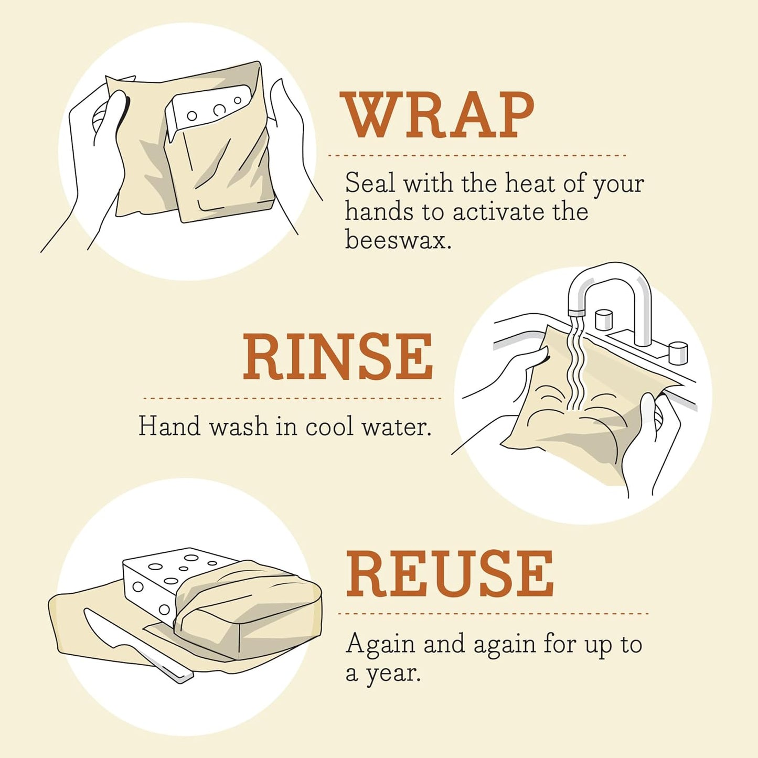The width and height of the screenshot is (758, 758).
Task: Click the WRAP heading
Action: pos(437,115)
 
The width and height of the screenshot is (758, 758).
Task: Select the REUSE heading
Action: pos(450,574)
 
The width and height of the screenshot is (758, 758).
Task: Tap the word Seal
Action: pos(370,184)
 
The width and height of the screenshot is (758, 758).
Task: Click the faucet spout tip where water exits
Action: pos(576,313)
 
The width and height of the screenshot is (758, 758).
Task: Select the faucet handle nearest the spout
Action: pos(604,320)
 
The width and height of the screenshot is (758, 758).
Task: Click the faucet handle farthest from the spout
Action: pos(678,352)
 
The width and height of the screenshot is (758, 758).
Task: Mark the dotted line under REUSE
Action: pos(493,613)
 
